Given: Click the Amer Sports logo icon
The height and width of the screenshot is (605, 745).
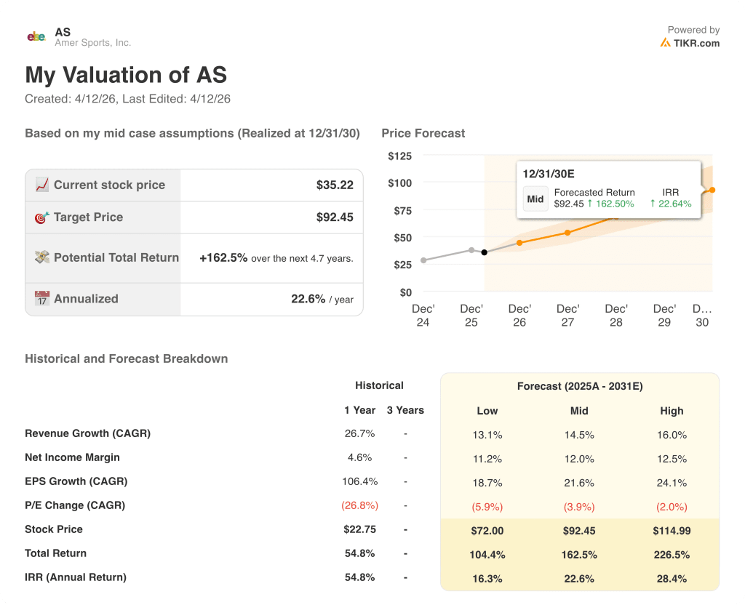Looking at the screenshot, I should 36,36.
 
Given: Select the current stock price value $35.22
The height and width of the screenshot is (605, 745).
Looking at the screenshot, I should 335,185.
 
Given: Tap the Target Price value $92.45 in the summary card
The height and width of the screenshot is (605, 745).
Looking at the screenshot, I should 335,217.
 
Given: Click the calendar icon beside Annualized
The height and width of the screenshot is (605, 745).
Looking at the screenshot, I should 42,299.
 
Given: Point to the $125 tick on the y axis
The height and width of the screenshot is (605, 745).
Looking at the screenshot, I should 399,156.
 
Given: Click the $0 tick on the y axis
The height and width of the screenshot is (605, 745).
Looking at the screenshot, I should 405,292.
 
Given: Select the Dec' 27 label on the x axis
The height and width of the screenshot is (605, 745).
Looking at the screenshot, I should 567,316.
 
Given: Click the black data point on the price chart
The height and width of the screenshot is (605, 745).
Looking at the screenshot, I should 485,252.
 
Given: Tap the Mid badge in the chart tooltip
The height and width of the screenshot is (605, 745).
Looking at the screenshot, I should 535,199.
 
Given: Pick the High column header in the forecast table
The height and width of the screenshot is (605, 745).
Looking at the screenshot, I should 672,411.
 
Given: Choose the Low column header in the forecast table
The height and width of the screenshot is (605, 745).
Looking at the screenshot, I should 487,411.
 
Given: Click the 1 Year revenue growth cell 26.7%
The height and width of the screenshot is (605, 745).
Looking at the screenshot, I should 359,434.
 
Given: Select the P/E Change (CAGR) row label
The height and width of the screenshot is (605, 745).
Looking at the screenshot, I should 75,505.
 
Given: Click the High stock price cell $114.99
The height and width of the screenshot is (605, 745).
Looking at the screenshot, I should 672,531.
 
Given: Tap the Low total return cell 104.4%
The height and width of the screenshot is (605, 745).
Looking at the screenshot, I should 487,555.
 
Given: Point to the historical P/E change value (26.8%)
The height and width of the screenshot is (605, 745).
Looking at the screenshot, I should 359,505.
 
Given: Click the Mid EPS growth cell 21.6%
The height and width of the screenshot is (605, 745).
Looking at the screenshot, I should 579,483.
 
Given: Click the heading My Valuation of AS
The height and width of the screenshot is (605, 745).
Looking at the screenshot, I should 126,76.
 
